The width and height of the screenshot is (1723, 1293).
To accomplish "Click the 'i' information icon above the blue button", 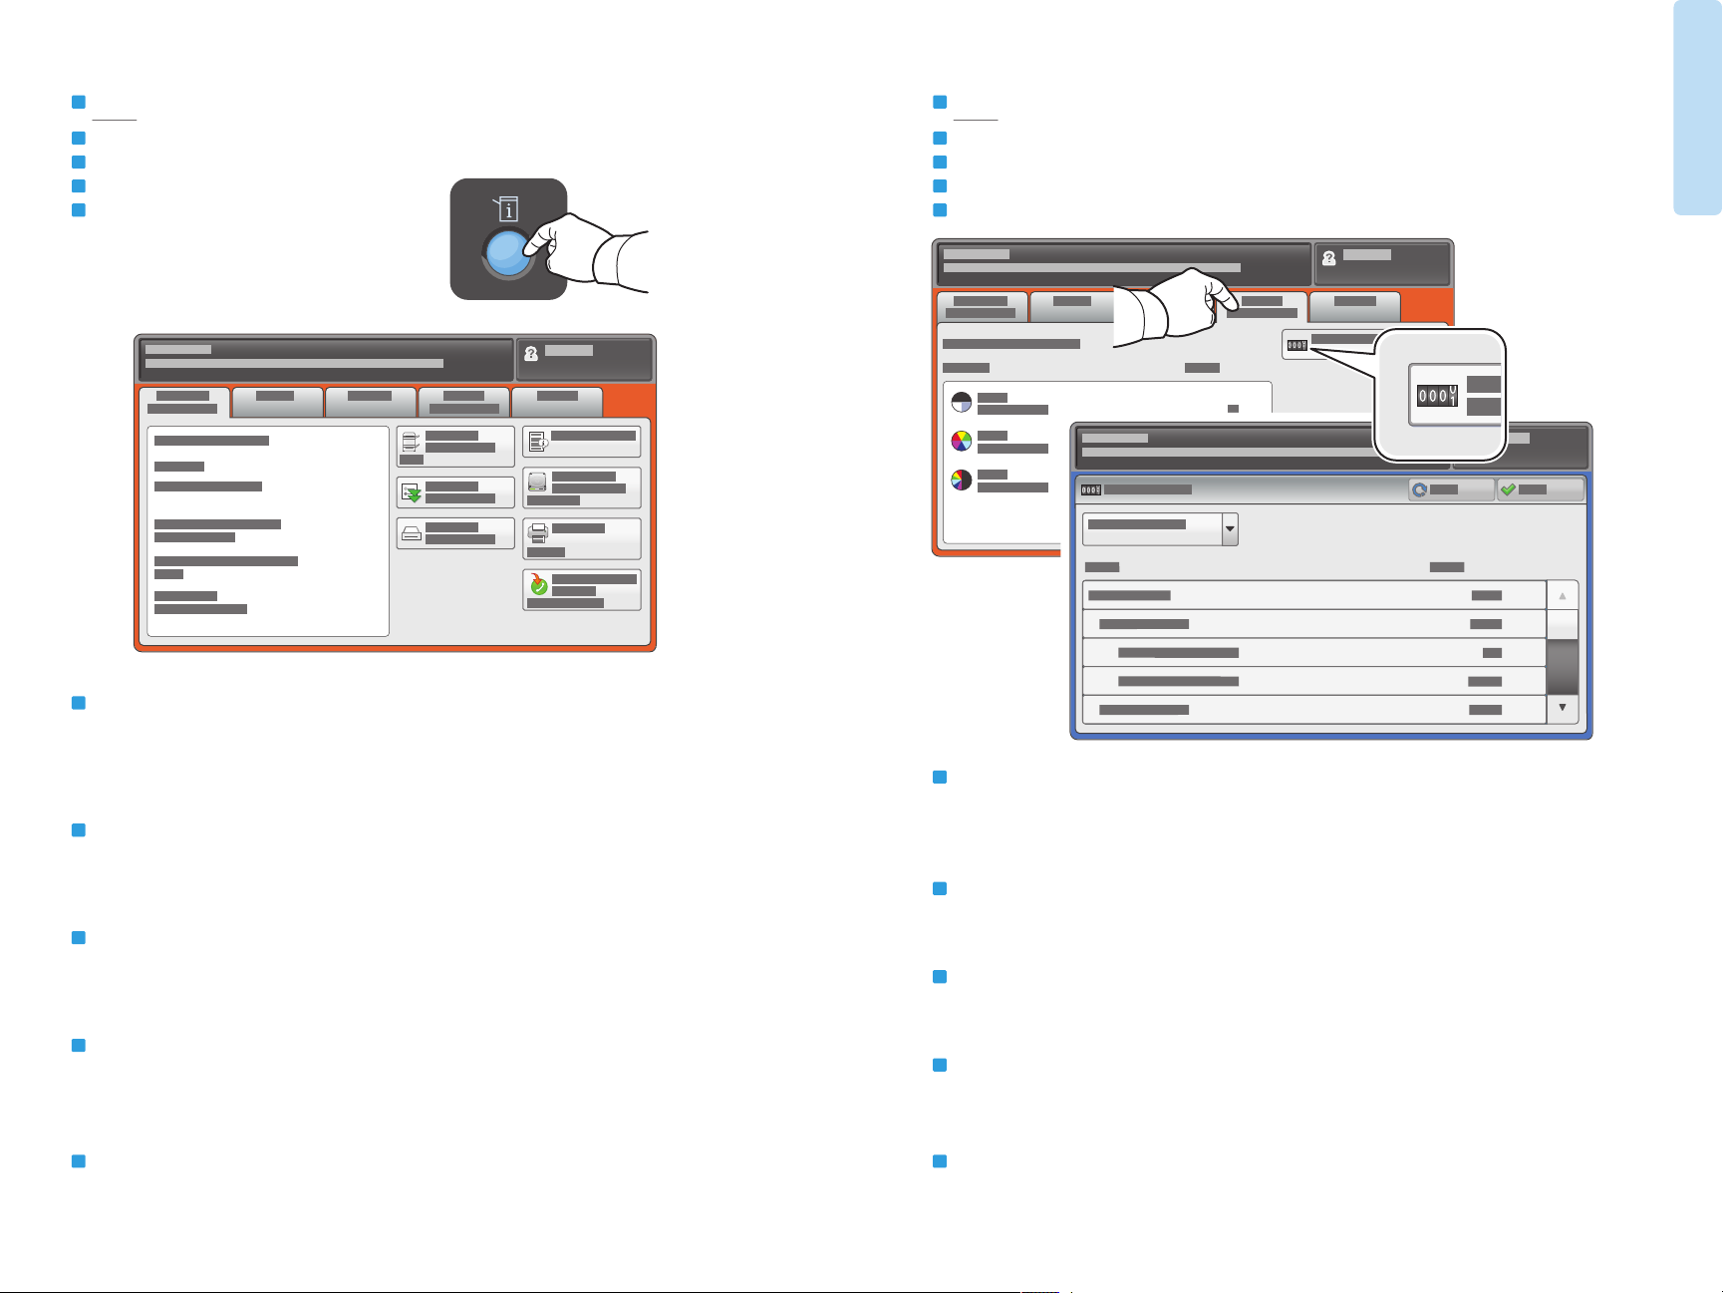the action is coord(508,209).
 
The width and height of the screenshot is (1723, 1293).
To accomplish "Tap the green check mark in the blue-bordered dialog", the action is coord(1508,489).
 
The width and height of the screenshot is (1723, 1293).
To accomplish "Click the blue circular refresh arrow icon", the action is coord(1419,489).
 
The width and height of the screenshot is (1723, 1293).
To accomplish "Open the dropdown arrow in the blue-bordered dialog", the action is coord(1230,528).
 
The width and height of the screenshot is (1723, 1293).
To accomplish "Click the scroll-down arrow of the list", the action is coord(1562,708).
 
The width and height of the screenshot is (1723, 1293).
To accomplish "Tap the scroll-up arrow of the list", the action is coord(1562,595).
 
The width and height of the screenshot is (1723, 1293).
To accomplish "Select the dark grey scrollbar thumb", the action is coord(1562,666).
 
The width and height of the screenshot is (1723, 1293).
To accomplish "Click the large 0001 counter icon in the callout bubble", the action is coord(1437,396).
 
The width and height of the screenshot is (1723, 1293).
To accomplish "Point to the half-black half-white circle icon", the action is coord(961,402).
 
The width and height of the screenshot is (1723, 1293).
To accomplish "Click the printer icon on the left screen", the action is coord(538,533).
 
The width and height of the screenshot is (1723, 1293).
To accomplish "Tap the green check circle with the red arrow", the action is coord(538,585).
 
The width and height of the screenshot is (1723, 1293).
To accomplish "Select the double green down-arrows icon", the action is coord(411,491).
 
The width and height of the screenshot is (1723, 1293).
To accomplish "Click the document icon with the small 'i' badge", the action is coord(538,441).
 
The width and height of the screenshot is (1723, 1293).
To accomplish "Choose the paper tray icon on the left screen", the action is coord(411,533).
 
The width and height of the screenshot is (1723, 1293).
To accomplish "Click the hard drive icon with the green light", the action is coord(537,483).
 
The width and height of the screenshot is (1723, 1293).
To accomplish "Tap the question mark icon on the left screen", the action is coord(531,353).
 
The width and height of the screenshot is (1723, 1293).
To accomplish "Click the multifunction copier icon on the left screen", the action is coord(411,442).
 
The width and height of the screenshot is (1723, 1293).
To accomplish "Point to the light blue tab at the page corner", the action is coord(1697,107).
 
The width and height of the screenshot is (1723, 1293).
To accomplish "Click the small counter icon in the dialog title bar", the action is coord(1091,489).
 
